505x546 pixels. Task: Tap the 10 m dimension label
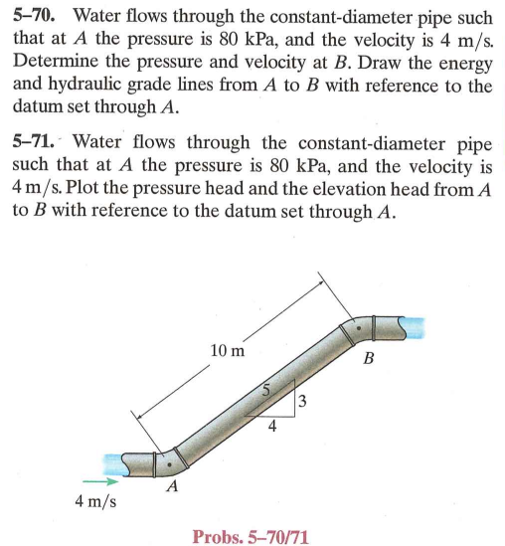228,350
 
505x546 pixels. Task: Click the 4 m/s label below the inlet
95,500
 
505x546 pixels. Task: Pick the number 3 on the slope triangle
302,401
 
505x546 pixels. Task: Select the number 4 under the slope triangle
270,428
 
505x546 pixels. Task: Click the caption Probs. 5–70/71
251,537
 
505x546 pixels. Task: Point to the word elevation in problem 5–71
361,185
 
